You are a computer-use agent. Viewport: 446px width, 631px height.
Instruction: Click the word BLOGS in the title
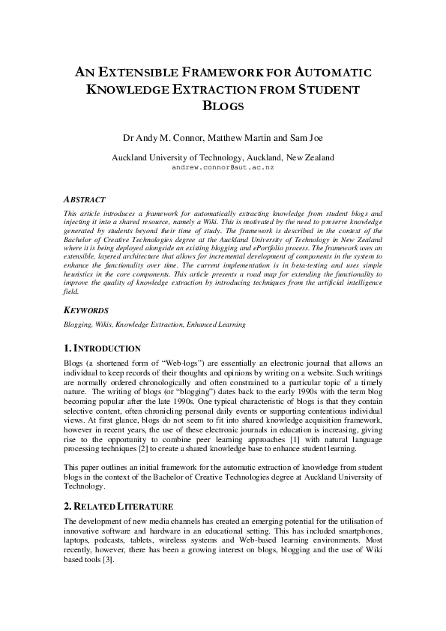pyautogui.click(x=223, y=106)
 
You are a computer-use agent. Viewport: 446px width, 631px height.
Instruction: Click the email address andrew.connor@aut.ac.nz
pyautogui.click(x=223, y=168)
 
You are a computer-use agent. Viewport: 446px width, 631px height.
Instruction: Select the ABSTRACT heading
pyautogui.click(x=84, y=200)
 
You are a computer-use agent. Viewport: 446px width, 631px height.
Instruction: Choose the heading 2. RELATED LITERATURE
pyautogui.click(x=118, y=507)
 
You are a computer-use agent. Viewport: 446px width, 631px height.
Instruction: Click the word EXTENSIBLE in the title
pyautogui.click(x=133, y=73)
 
